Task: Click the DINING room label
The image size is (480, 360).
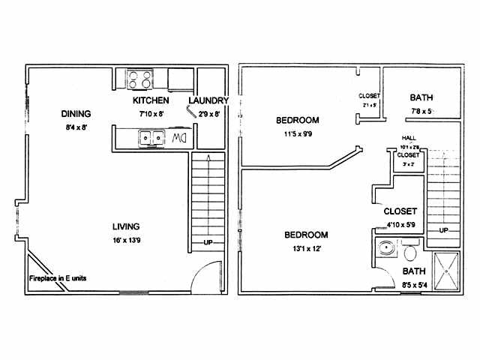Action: point(76,114)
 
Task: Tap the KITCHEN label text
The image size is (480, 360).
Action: point(151,100)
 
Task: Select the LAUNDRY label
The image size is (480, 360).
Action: point(208,100)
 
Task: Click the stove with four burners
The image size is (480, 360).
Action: point(140,78)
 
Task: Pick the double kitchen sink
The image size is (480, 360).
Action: point(151,138)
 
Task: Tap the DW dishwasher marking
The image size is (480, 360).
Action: point(178,139)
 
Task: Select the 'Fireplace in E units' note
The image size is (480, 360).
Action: point(58,277)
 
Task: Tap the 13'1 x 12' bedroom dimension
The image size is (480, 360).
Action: point(306,250)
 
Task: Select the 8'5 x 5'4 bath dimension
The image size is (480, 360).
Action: point(413,284)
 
